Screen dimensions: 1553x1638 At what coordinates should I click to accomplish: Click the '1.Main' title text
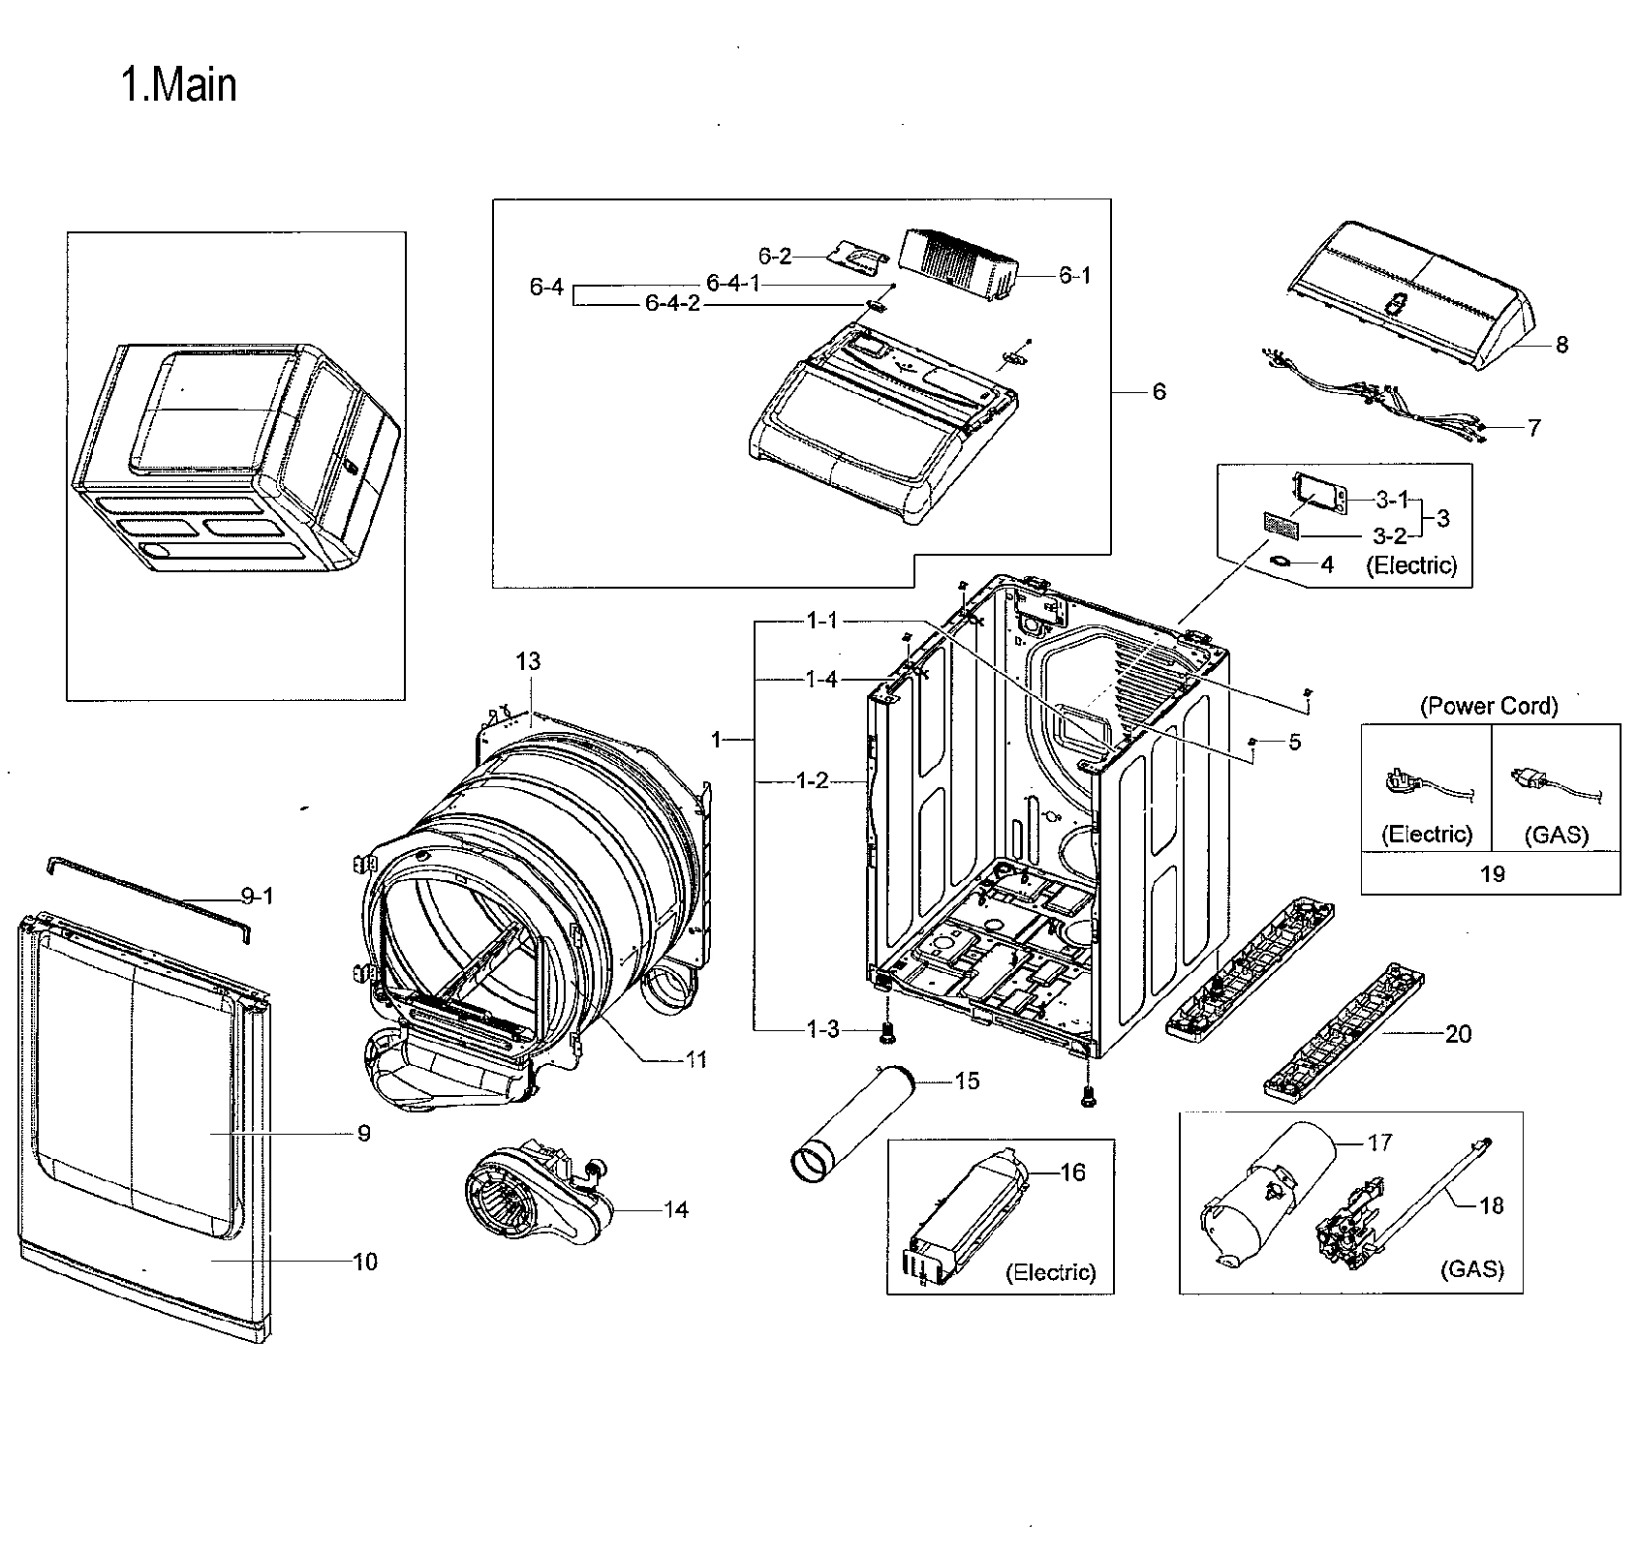[x=178, y=85]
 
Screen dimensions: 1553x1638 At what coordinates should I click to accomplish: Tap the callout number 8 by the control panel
[x=1561, y=344]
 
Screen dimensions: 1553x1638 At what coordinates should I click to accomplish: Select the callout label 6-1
[x=1073, y=275]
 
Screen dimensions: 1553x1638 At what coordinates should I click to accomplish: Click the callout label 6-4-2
[x=672, y=304]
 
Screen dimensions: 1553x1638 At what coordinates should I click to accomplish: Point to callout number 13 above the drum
[x=528, y=661]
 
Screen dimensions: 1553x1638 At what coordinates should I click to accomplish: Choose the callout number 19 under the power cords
[x=1492, y=873]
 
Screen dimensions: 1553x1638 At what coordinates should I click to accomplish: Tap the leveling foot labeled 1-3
[x=885, y=1035]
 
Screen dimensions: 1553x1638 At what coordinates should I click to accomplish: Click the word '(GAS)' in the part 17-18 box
[x=1471, y=1269]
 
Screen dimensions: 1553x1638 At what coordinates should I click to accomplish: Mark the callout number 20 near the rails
[x=1458, y=1034]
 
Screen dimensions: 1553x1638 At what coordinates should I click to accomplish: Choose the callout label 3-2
[x=1389, y=535]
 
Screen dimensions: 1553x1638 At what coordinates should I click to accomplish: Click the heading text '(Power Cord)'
[x=1489, y=706]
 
